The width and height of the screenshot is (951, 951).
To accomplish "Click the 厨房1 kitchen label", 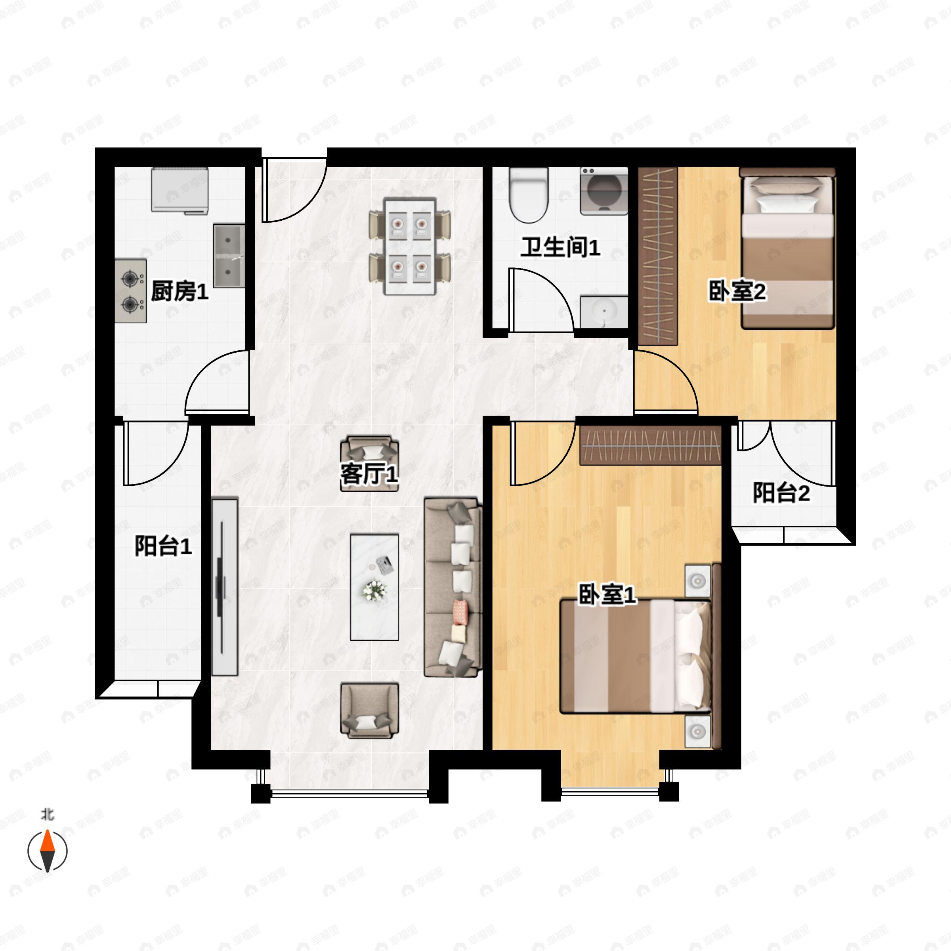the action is [180, 291].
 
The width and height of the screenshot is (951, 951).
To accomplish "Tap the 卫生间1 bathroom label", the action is [561, 247].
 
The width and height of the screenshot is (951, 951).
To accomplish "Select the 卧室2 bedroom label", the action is [737, 291].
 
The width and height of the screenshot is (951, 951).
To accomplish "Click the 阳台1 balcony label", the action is [163, 546].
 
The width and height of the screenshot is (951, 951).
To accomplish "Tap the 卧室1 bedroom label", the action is [607, 595].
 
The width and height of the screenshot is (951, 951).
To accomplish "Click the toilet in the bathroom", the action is [529, 195].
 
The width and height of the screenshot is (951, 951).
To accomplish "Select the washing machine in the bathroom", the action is [604, 191].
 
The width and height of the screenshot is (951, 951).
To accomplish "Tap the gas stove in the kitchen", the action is [130, 291].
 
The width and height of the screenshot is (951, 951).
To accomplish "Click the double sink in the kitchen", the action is [229, 256].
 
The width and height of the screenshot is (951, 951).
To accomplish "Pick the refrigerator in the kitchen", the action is [180, 191].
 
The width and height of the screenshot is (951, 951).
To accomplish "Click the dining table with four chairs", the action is [410, 246].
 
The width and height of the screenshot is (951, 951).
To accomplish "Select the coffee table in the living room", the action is [374, 587].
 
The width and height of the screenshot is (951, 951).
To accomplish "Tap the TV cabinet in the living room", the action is [225, 586].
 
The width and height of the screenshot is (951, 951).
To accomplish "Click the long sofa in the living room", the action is [453, 587].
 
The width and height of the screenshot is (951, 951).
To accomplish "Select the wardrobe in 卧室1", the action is [650, 445].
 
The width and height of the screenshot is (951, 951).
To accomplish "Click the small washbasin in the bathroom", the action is [604, 311].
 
